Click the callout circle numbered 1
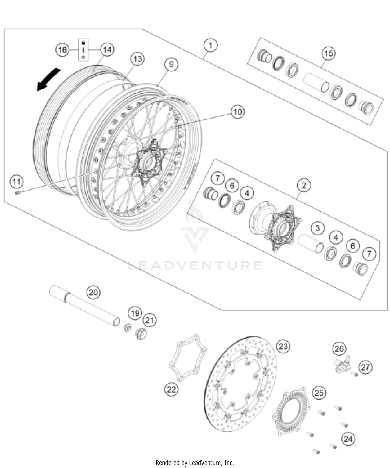point(210,45)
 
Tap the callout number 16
point(62,50)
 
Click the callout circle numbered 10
point(237,112)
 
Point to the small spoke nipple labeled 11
point(18,193)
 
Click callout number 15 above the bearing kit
point(328,54)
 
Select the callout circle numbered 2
point(304,185)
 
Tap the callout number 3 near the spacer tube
point(317,229)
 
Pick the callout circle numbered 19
point(135,313)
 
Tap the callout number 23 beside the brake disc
point(283,346)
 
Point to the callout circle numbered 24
point(348,439)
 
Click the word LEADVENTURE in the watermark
point(195,265)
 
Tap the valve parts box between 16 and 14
point(83,50)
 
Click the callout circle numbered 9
point(171,64)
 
